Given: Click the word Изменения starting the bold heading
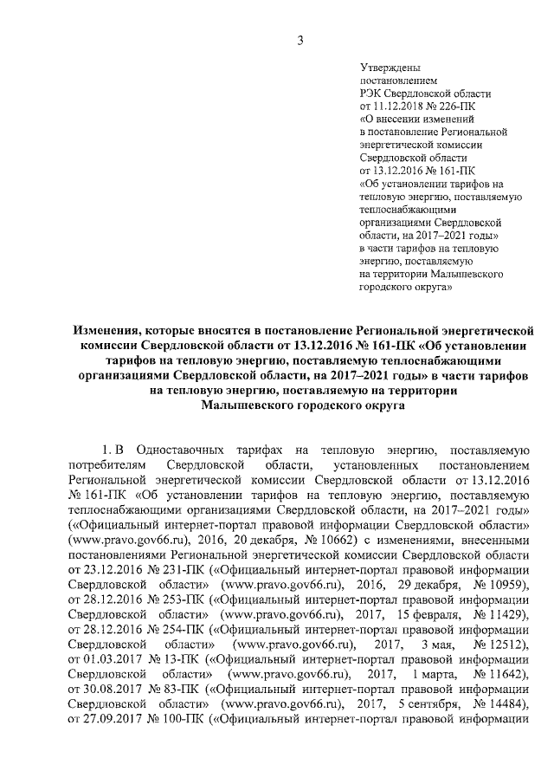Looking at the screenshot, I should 109,330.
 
